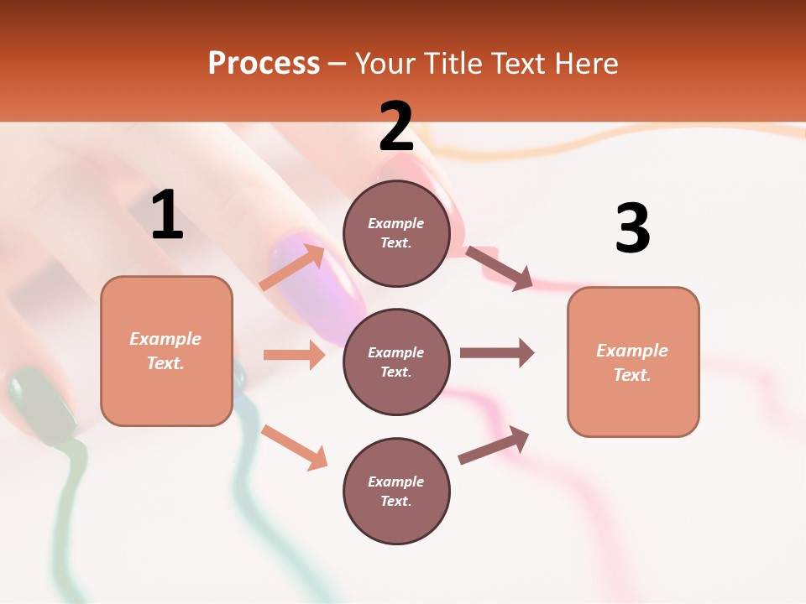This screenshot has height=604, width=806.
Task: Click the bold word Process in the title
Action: (x=264, y=64)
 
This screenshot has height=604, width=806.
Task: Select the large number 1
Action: (x=167, y=215)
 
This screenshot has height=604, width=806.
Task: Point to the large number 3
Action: (x=632, y=228)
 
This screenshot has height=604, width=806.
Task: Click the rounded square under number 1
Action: (x=166, y=351)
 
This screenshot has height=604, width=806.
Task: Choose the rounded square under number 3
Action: (x=633, y=362)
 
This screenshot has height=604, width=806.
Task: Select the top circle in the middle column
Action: (x=396, y=233)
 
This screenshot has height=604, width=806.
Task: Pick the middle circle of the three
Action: (x=396, y=362)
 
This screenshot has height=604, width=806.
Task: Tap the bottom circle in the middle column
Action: (x=396, y=491)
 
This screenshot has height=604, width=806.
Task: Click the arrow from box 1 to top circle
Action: (x=292, y=267)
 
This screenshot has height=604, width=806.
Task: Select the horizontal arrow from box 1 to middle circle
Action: (x=294, y=355)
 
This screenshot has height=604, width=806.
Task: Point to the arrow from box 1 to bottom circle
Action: (x=294, y=446)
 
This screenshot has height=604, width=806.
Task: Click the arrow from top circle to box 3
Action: (x=500, y=268)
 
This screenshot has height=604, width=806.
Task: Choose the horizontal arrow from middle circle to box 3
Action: (x=496, y=352)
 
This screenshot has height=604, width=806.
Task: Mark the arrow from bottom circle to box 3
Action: (x=495, y=445)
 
